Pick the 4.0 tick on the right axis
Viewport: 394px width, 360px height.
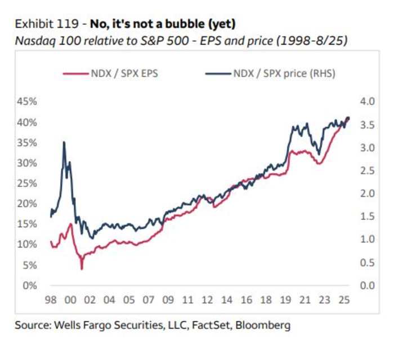(x=367, y=102)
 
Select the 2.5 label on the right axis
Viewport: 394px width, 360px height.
(x=367, y=170)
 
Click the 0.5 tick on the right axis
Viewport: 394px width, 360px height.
(x=367, y=263)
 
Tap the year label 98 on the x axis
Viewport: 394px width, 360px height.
(x=51, y=301)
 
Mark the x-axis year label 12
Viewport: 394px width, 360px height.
(x=208, y=301)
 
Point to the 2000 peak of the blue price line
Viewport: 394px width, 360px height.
(x=64, y=142)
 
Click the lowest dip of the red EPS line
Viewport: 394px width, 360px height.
(x=82, y=269)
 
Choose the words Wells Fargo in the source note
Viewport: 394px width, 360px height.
(x=79, y=325)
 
